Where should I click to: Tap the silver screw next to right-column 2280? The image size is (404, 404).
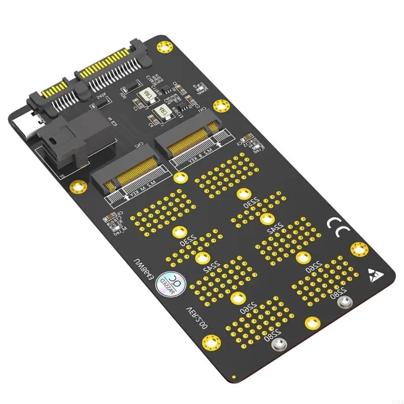(x=344, y=302)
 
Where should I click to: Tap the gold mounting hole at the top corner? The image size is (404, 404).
(x=163, y=46)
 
